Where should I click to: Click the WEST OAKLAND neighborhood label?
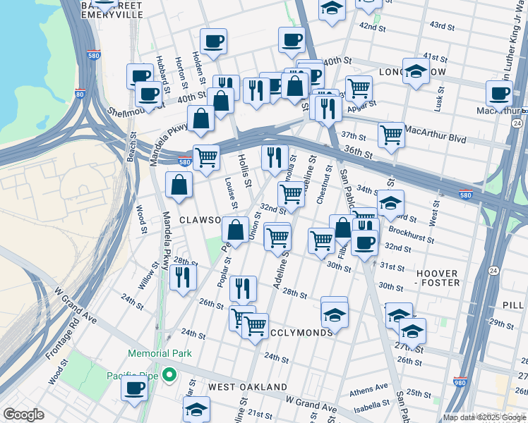click(x=247, y=387)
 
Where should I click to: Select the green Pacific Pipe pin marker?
click(x=169, y=374)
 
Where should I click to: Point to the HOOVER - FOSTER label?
click(x=428, y=278)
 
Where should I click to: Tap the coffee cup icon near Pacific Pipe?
click(x=133, y=388)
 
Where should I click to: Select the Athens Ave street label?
click(x=369, y=388)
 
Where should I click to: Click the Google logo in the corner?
click(x=23, y=415)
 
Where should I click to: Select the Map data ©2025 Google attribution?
click(x=484, y=417)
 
